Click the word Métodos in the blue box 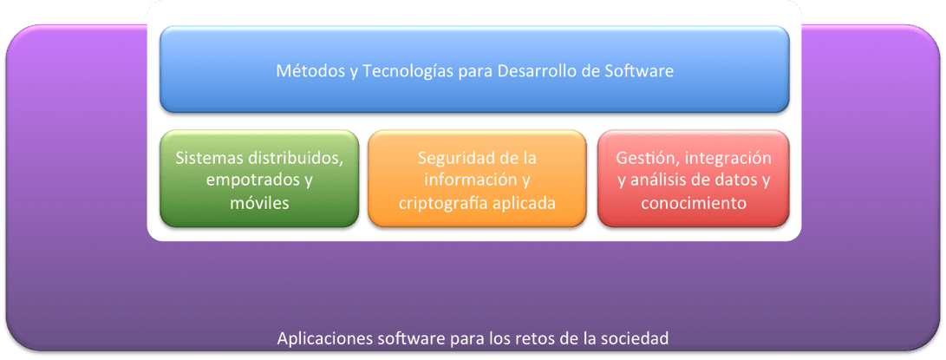(305, 71)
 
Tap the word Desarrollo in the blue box (538, 71)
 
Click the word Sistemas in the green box (207, 158)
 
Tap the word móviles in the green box (259, 203)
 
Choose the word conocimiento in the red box (693, 203)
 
